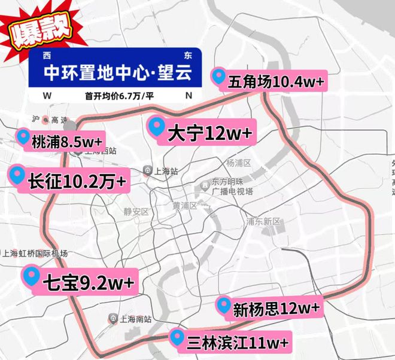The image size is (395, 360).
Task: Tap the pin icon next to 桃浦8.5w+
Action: (x=23, y=138)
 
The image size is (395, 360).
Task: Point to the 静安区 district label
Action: (x=136, y=212)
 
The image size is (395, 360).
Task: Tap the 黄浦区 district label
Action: (x=185, y=206)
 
